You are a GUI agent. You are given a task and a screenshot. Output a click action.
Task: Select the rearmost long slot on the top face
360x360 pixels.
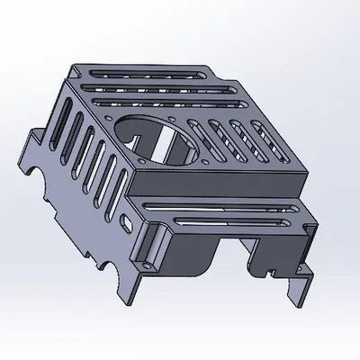144,72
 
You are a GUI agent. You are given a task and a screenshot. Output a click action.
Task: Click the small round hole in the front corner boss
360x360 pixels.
144,265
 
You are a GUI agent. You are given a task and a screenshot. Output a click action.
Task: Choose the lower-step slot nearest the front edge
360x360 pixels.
225,224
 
